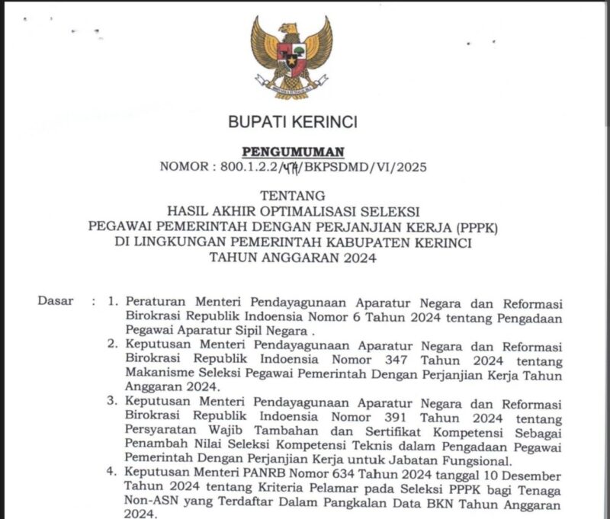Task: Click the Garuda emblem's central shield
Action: pyautogui.click(x=291, y=54)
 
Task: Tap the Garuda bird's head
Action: pyautogui.click(x=291, y=28)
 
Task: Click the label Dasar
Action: pyautogui.click(x=55, y=300)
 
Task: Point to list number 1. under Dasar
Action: pyautogui.click(x=113, y=301)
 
